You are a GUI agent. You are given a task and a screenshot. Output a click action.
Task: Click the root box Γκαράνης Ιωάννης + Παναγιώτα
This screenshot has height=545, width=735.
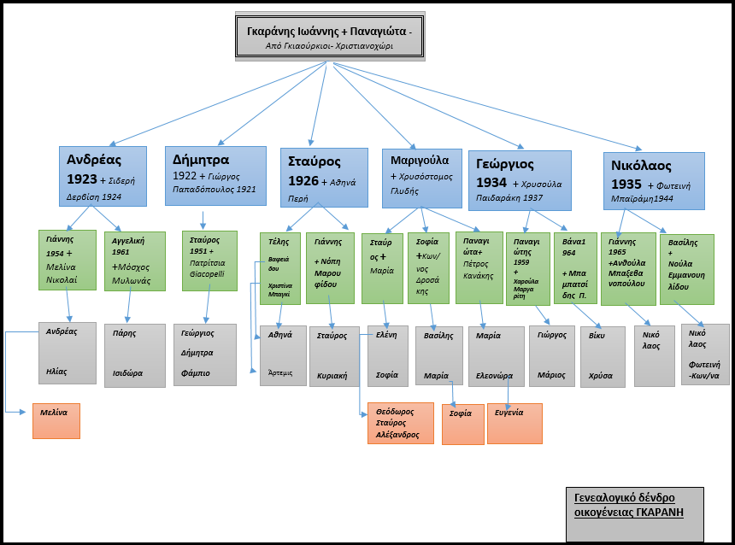329,37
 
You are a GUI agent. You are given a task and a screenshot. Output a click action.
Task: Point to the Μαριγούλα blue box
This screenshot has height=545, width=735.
421,178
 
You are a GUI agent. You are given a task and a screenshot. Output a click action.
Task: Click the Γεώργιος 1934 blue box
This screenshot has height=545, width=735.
520,179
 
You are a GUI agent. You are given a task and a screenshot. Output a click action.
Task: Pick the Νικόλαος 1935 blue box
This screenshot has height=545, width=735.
654,180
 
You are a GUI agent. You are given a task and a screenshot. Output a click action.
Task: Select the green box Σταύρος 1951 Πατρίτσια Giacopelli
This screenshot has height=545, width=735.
209,261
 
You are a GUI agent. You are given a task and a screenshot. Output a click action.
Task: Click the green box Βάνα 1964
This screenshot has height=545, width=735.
574,267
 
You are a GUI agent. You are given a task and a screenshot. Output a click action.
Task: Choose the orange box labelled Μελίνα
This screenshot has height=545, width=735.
56,420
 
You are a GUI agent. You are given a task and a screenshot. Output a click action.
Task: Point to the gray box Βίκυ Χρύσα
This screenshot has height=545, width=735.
603,357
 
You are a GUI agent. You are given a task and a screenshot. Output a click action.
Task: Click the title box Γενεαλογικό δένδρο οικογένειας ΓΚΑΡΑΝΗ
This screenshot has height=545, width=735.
634,514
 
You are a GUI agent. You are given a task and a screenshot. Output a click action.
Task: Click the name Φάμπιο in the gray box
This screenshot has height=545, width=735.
196,373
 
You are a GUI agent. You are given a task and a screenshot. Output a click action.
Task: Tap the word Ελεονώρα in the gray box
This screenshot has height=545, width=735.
494,374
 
